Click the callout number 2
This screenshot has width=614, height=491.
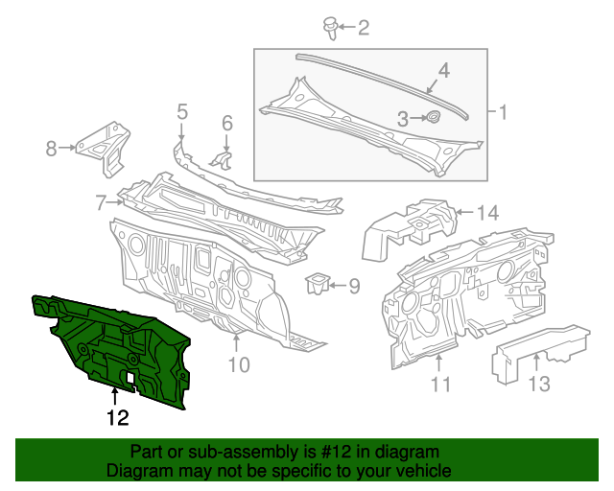pyautogui.click(x=363, y=28)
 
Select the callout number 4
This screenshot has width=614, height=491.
pyautogui.click(x=444, y=71)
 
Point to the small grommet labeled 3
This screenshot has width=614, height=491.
pyautogui.click(x=432, y=118)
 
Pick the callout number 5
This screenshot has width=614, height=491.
pyautogui.click(x=181, y=114)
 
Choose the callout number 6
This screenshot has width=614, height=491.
pyautogui.click(x=227, y=123)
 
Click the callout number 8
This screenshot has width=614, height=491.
pyautogui.click(x=51, y=148)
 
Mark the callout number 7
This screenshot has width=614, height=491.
pyautogui.click(x=100, y=202)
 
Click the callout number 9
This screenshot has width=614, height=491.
pyautogui.click(x=352, y=285)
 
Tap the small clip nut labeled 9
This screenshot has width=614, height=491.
pyautogui.click(x=316, y=283)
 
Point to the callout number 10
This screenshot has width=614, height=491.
pyautogui.click(x=238, y=364)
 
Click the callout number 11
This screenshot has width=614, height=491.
pyautogui.click(x=440, y=386)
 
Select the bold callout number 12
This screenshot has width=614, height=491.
pyautogui.click(x=117, y=417)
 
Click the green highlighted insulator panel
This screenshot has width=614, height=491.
pyautogui.click(x=115, y=345)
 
